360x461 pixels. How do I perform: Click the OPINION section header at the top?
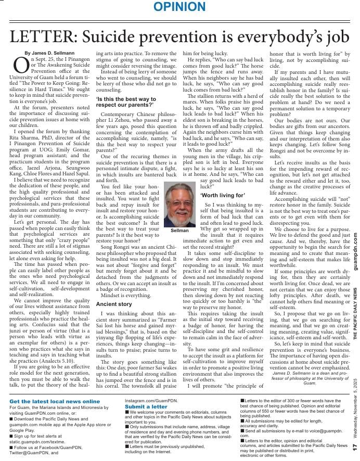(x=180, y=7)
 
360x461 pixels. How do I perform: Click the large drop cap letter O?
(x=20, y=65)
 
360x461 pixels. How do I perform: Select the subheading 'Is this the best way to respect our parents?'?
(x=125, y=101)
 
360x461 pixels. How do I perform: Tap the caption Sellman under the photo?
(x=179, y=229)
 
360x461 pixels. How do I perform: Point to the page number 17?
(x=354, y=447)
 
